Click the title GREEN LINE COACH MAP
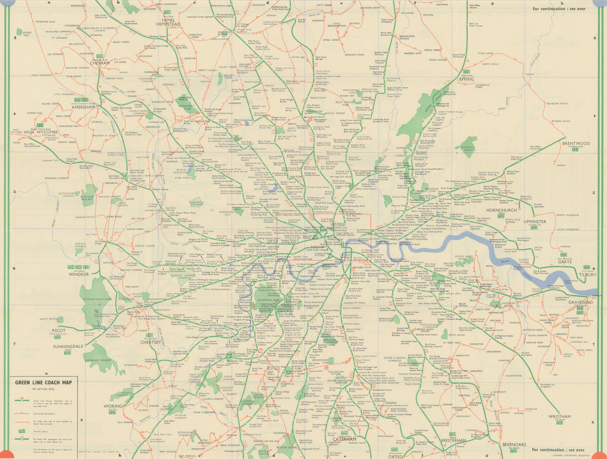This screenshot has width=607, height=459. (x=43, y=382)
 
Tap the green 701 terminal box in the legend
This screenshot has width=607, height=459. (x=22, y=431)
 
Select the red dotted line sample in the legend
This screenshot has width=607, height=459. (x=22, y=422)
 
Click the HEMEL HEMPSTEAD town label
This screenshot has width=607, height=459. (x=168, y=22)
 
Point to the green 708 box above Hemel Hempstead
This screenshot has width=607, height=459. (x=167, y=13)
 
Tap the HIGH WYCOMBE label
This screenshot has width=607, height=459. (x=41, y=132)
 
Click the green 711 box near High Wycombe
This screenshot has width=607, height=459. (x=40, y=125)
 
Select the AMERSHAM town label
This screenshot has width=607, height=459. (x=83, y=107)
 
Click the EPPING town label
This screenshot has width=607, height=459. (x=466, y=79)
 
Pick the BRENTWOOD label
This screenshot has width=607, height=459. (x=576, y=143)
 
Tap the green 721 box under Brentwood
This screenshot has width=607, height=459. (x=575, y=149)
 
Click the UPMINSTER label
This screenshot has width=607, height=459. (x=535, y=222)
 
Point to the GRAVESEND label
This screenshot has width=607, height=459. (x=580, y=302)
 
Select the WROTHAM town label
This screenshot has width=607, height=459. (x=559, y=416)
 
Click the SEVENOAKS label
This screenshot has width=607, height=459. (x=514, y=444)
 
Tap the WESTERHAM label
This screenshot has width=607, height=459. (x=453, y=440)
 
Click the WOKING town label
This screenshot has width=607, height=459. (x=113, y=406)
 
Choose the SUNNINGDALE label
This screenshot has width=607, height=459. (x=68, y=347)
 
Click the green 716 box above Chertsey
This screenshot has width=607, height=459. (x=149, y=335)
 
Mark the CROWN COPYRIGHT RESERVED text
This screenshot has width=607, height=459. (x=571, y=455)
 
